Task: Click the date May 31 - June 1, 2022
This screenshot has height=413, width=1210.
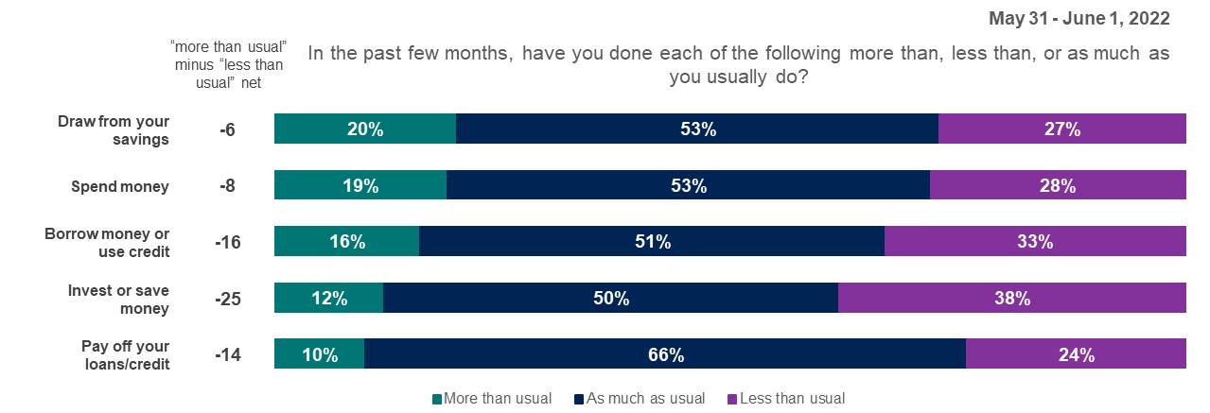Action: [1078, 18]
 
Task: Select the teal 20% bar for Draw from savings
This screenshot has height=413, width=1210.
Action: [365, 129]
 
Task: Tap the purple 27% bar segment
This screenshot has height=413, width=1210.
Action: [1061, 129]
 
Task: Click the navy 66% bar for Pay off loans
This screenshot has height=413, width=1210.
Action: [664, 354]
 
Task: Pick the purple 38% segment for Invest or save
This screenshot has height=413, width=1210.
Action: [1011, 299]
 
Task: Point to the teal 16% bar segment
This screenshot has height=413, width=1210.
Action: [346, 242]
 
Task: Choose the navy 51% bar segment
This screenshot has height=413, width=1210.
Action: [651, 242]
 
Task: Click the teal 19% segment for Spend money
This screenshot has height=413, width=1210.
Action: [359, 186]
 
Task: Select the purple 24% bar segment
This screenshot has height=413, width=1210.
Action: [1076, 354]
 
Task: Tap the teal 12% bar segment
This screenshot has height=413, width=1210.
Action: [328, 299]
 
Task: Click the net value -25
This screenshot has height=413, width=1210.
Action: [228, 300]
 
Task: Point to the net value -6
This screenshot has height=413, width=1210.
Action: [228, 130]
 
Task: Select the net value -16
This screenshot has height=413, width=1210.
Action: [228, 243]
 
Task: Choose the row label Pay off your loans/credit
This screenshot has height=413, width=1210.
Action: [126, 355]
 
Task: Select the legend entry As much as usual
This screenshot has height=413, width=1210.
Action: [640, 398]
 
